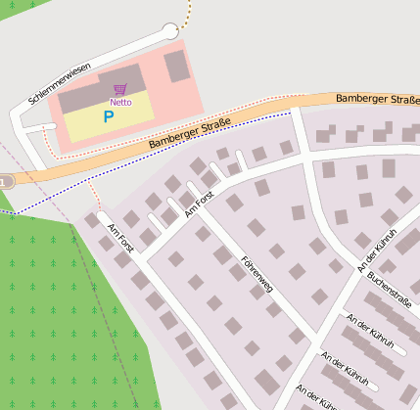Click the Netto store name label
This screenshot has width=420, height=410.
(120, 102)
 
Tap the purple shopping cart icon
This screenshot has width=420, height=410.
(120, 89)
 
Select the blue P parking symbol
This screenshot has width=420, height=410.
(109, 117)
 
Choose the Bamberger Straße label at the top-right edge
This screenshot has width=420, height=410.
(377, 99)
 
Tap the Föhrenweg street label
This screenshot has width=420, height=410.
(258, 276)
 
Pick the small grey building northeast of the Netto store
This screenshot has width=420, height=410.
(177, 66)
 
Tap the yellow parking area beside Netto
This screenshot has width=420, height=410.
(137, 115)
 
